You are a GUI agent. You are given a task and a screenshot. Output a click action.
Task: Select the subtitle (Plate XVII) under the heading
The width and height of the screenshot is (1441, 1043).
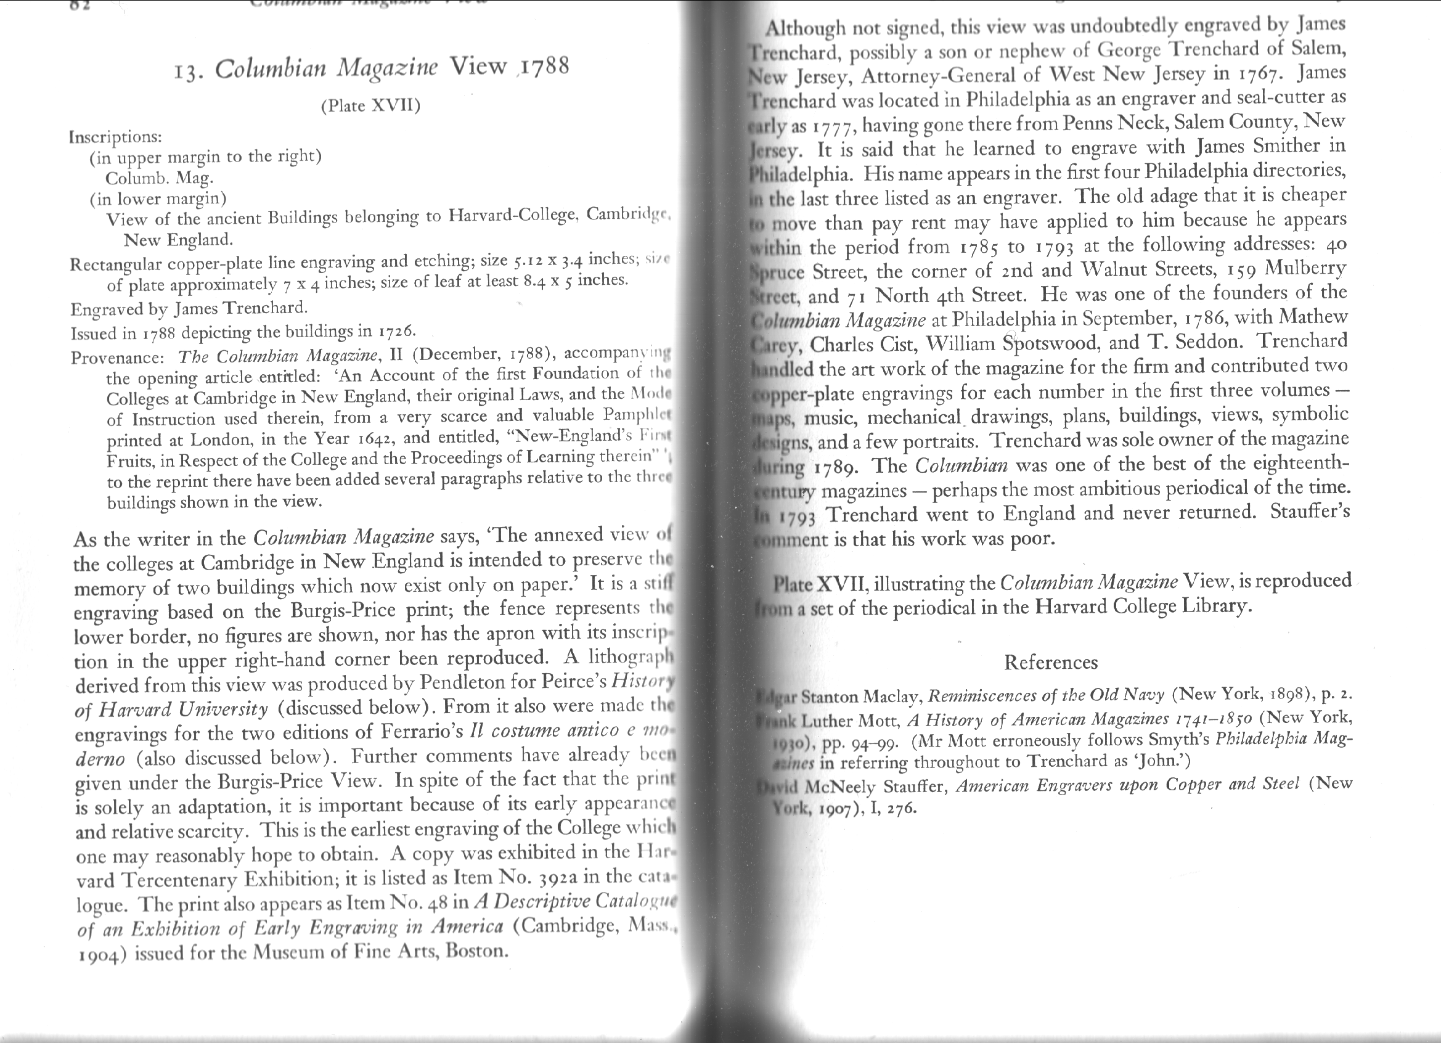[x=370, y=105]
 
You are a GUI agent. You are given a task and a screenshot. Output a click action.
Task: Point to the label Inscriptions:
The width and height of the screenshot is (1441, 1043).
[x=115, y=137]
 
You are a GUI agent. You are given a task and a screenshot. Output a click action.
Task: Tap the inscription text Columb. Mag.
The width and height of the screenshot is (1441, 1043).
[x=159, y=178]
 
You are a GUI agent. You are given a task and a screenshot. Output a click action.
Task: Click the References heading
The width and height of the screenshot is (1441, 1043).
[x=1050, y=662]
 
